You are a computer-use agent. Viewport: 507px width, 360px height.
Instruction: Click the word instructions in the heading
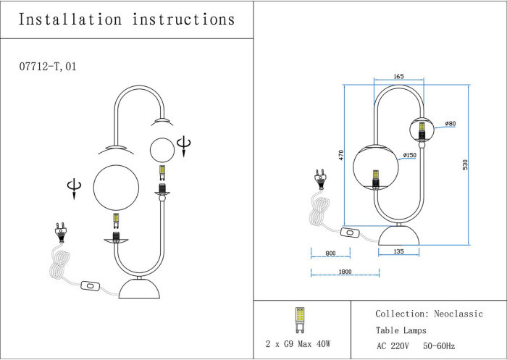(183, 20)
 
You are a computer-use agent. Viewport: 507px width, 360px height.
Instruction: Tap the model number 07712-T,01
(48, 67)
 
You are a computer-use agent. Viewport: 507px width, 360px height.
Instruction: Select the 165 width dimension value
(398, 76)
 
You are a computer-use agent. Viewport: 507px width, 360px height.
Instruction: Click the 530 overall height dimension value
(476, 165)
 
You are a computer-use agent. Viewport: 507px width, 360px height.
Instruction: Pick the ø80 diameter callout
(451, 123)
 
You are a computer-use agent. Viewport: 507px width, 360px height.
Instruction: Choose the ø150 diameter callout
(409, 155)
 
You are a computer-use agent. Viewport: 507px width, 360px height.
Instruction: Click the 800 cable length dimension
(330, 254)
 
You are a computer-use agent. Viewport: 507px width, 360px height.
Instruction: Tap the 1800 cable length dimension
(345, 272)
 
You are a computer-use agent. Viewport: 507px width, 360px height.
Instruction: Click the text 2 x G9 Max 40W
(298, 343)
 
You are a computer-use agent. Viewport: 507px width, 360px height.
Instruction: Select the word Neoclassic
(458, 314)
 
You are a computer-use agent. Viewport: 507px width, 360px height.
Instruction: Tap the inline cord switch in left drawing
(91, 285)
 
